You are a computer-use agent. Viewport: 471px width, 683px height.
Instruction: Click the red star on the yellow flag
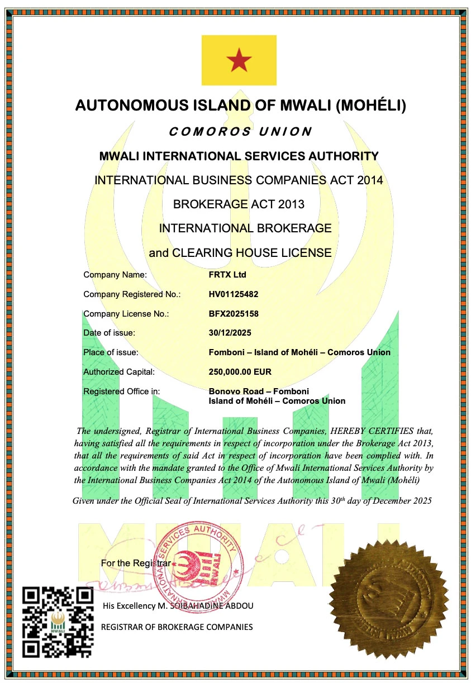239,60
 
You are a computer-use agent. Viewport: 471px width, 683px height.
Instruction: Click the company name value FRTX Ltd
227,275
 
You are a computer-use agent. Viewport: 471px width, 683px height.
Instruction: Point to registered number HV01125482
234,294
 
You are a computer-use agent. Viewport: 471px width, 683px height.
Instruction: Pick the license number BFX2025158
234,314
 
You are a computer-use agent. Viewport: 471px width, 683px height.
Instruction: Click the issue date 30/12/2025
230,333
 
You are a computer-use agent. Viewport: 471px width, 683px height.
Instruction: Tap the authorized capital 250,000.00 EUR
240,372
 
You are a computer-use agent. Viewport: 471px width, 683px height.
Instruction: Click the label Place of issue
111,352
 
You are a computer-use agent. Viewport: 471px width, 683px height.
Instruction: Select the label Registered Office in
121,391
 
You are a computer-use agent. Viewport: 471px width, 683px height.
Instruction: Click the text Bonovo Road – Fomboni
259,391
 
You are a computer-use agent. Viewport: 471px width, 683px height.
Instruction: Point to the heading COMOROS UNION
240,132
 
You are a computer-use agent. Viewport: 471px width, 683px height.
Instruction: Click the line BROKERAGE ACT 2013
239,204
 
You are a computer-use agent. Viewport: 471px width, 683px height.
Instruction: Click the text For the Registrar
136,563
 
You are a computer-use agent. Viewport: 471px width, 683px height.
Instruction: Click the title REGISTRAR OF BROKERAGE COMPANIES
177,627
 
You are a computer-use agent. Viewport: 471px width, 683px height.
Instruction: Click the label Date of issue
110,333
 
